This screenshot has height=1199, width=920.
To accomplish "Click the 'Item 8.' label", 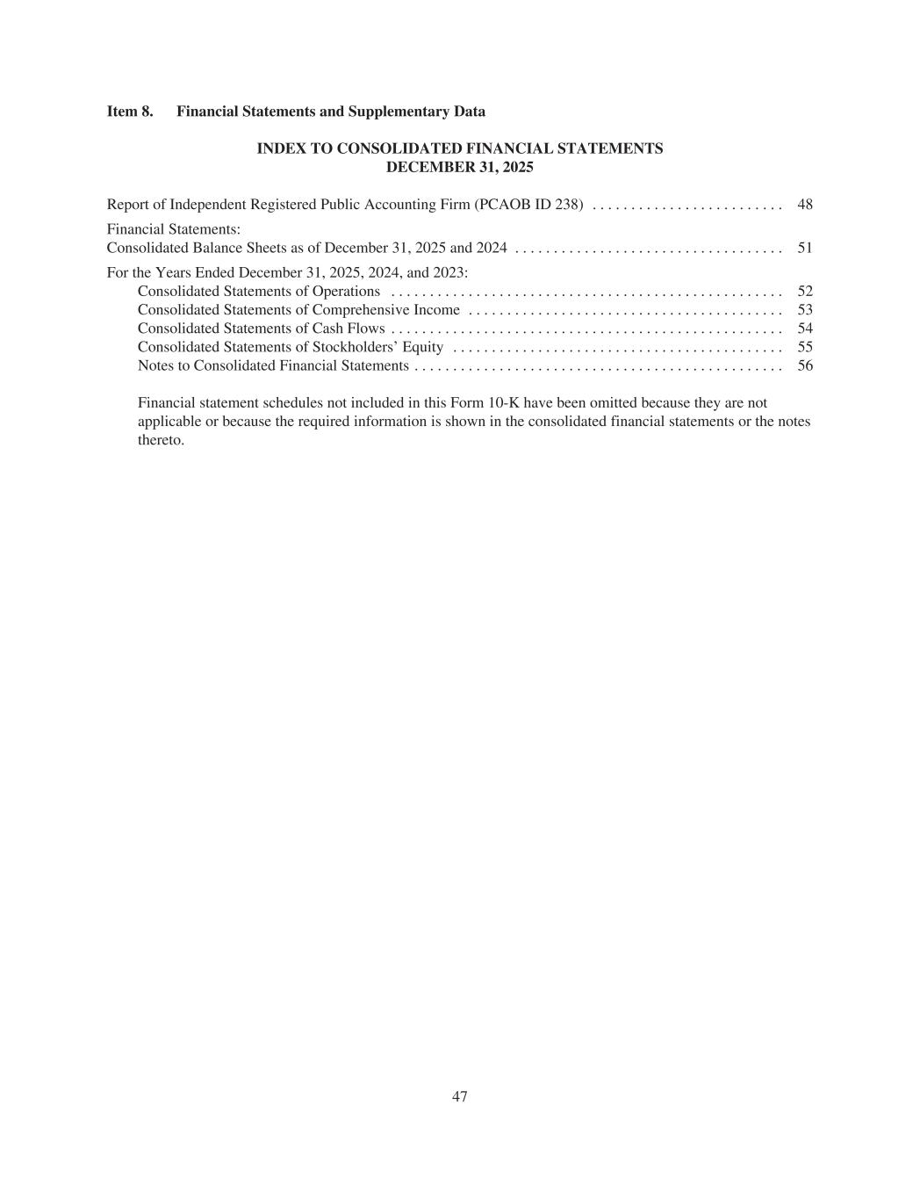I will pyautogui.click(x=129, y=112).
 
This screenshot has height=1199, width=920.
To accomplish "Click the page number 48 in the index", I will pyautogui.click(x=804, y=205).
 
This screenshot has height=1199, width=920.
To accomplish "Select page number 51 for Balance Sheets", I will pyautogui.click(x=804, y=248).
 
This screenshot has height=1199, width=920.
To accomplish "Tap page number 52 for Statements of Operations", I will pyautogui.click(x=804, y=291).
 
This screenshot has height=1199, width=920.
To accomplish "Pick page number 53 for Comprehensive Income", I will pyautogui.click(x=804, y=309).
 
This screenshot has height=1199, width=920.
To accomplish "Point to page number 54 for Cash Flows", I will pyautogui.click(x=804, y=329).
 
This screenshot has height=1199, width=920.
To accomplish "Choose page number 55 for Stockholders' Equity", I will pyautogui.click(x=804, y=347).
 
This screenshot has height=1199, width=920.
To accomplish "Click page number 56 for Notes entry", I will pyautogui.click(x=804, y=365).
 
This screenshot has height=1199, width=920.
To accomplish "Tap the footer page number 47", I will pyautogui.click(x=460, y=1096).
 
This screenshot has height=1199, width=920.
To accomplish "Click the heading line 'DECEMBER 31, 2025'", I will pyautogui.click(x=460, y=167).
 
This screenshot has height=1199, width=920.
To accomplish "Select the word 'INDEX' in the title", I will pyautogui.click(x=279, y=148).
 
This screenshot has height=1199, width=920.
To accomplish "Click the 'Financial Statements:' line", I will pyautogui.click(x=174, y=228).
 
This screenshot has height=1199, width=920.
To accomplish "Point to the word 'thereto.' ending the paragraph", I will pyautogui.click(x=161, y=440).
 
